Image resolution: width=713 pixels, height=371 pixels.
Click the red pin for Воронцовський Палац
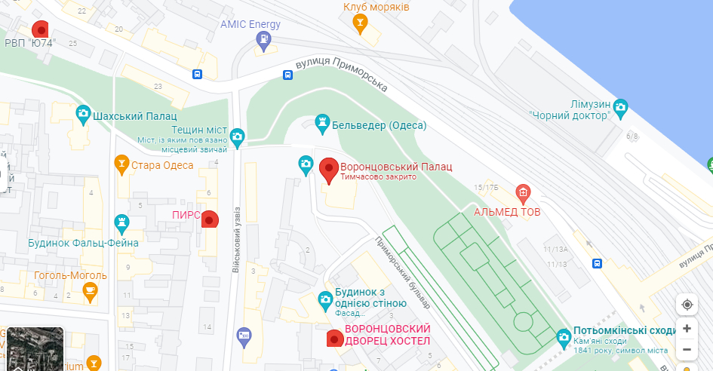coord(329,170)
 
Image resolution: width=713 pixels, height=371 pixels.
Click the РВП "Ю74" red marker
coord(41,29)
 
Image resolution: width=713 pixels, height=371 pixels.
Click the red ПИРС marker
coord(211,219)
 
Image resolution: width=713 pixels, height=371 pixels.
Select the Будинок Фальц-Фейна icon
coord(121,222)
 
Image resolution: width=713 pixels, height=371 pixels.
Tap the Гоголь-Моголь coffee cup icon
coord(90,291)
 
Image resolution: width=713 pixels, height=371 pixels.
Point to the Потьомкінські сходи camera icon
coord(563,336)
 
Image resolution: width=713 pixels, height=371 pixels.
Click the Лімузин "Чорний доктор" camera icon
coord(620,107)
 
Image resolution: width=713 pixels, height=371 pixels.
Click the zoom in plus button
coord(687,329)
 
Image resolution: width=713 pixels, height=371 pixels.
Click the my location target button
coord(687,305)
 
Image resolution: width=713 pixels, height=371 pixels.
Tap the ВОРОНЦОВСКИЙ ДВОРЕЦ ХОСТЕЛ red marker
coord(333,339)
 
